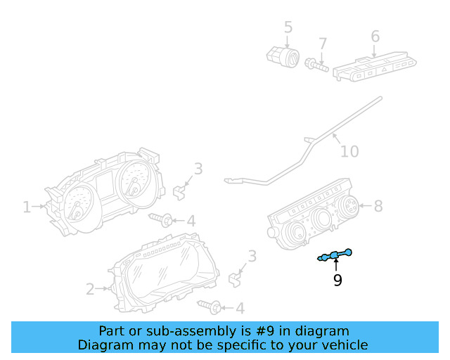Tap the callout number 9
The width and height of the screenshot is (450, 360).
(x=337, y=281)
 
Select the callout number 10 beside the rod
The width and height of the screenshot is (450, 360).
(x=349, y=151)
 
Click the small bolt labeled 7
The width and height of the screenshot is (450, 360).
(x=316, y=66)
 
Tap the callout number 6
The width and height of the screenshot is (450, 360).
(x=375, y=36)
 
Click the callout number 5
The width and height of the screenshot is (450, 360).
(x=288, y=27)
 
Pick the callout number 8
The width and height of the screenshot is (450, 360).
(x=378, y=206)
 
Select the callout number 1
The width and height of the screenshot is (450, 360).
(x=27, y=207)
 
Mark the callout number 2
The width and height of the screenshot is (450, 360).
(x=90, y=288)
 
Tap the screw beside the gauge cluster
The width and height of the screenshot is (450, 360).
(x=161, y=220)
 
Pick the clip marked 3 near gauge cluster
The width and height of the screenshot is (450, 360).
(x=181, y=188)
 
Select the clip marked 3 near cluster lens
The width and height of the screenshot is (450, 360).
(x=236, y=278)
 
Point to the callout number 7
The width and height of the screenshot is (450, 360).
(x=323, y=44)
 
